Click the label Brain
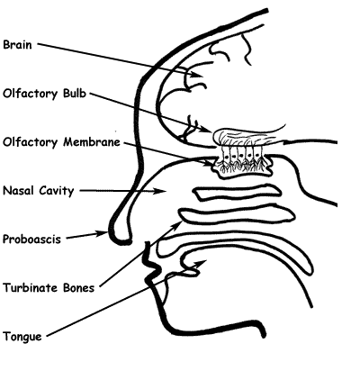tap(17, 45)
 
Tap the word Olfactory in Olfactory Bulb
tap(30, 94)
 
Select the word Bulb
tap(75, 94)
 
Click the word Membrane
tap(92, 141)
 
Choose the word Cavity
tap(57, 191)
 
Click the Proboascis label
tap(31, 240)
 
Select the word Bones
tap(79, 288)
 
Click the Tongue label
tap(22, 337)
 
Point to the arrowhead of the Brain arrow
tap(198, 74)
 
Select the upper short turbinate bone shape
tap(237, 193)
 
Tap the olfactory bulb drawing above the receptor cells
tap(246, 137)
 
